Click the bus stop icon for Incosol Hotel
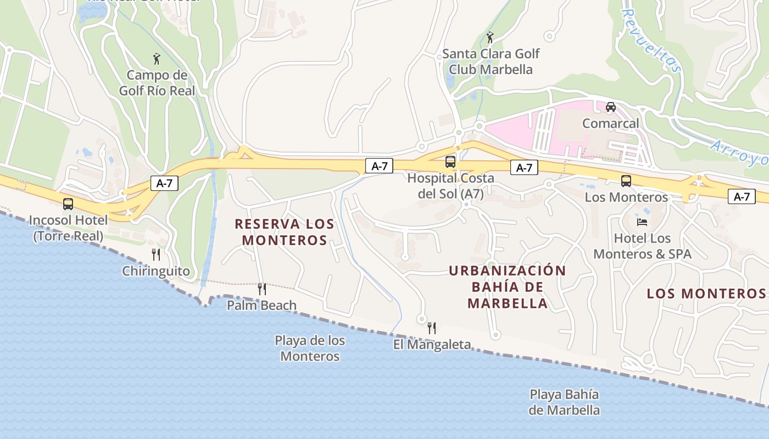68,204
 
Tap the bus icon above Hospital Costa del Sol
450,161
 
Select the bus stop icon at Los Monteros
626,181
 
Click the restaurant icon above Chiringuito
156,254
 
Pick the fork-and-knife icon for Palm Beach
262,289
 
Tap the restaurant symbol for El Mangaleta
432,328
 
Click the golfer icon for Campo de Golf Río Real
157,58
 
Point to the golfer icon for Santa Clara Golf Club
490,37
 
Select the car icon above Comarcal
611,106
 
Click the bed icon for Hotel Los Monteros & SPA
642,222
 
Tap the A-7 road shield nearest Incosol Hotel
165,183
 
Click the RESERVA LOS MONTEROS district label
285,232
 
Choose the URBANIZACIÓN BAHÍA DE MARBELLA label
507,286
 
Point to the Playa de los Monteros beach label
310,348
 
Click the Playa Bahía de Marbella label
564,402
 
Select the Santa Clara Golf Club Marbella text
491,61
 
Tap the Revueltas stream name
652,41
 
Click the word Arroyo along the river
739,153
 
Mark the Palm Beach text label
262,305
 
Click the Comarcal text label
611,123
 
